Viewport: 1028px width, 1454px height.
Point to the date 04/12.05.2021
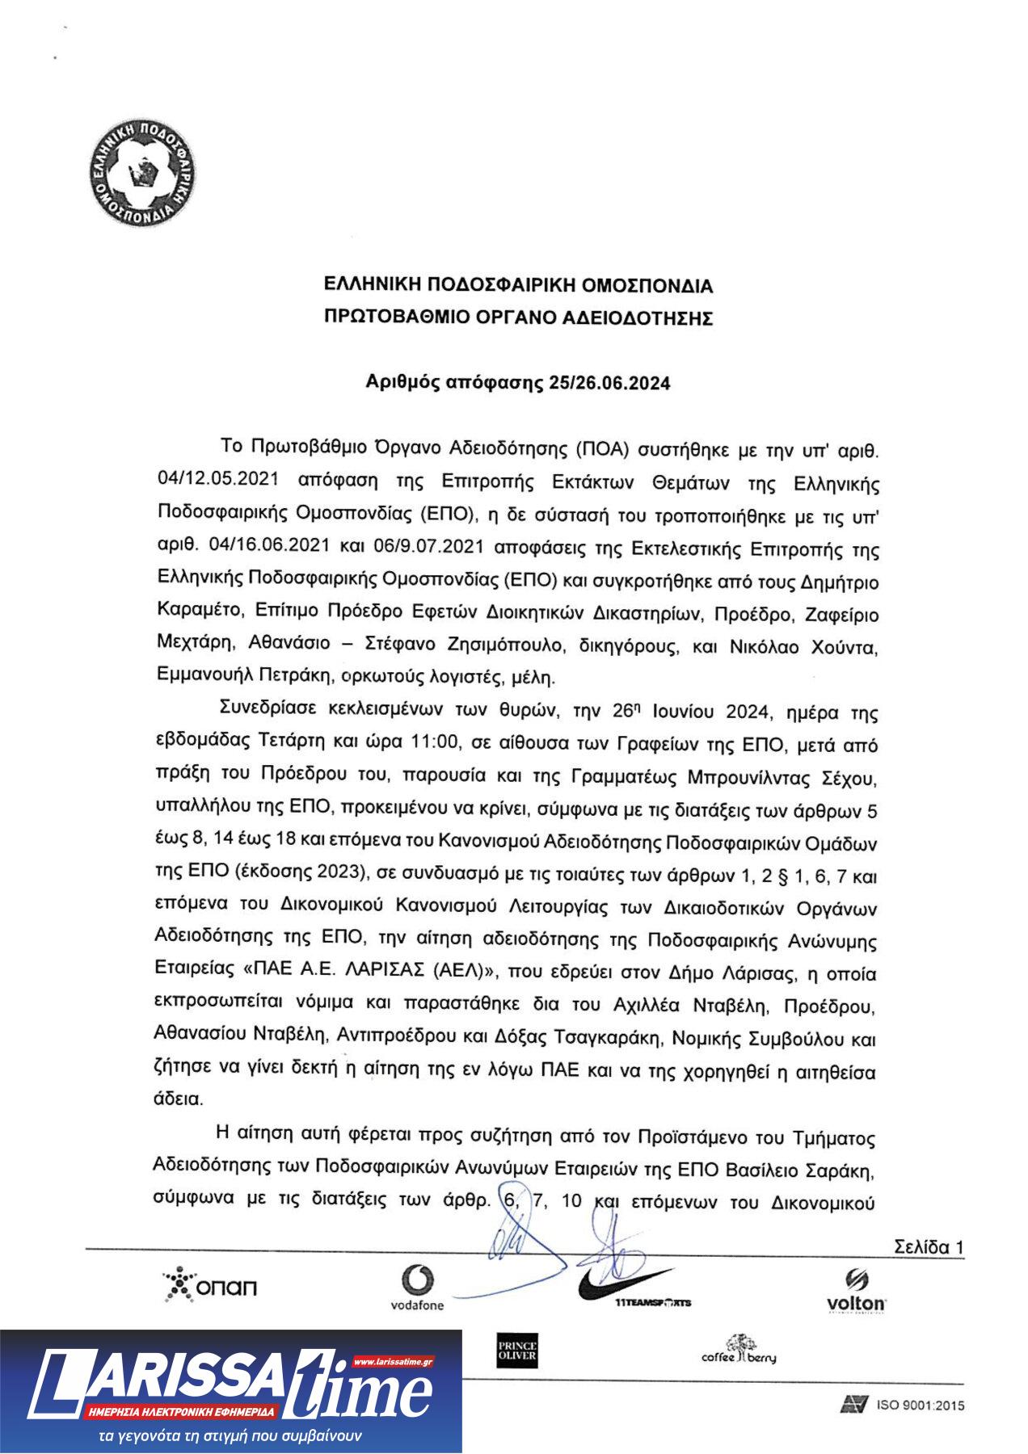pyautogui.click(x=218, y=479)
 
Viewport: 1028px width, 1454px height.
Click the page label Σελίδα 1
pyautogui.click(x=928, y=1247)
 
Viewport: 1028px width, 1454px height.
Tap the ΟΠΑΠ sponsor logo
pyautogui.click(x=209, y=1286)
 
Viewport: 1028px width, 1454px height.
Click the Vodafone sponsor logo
pyautogui.click(x=417, y=1288)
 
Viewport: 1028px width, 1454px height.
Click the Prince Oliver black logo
pyautogui.click(x=516, y=1350)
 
